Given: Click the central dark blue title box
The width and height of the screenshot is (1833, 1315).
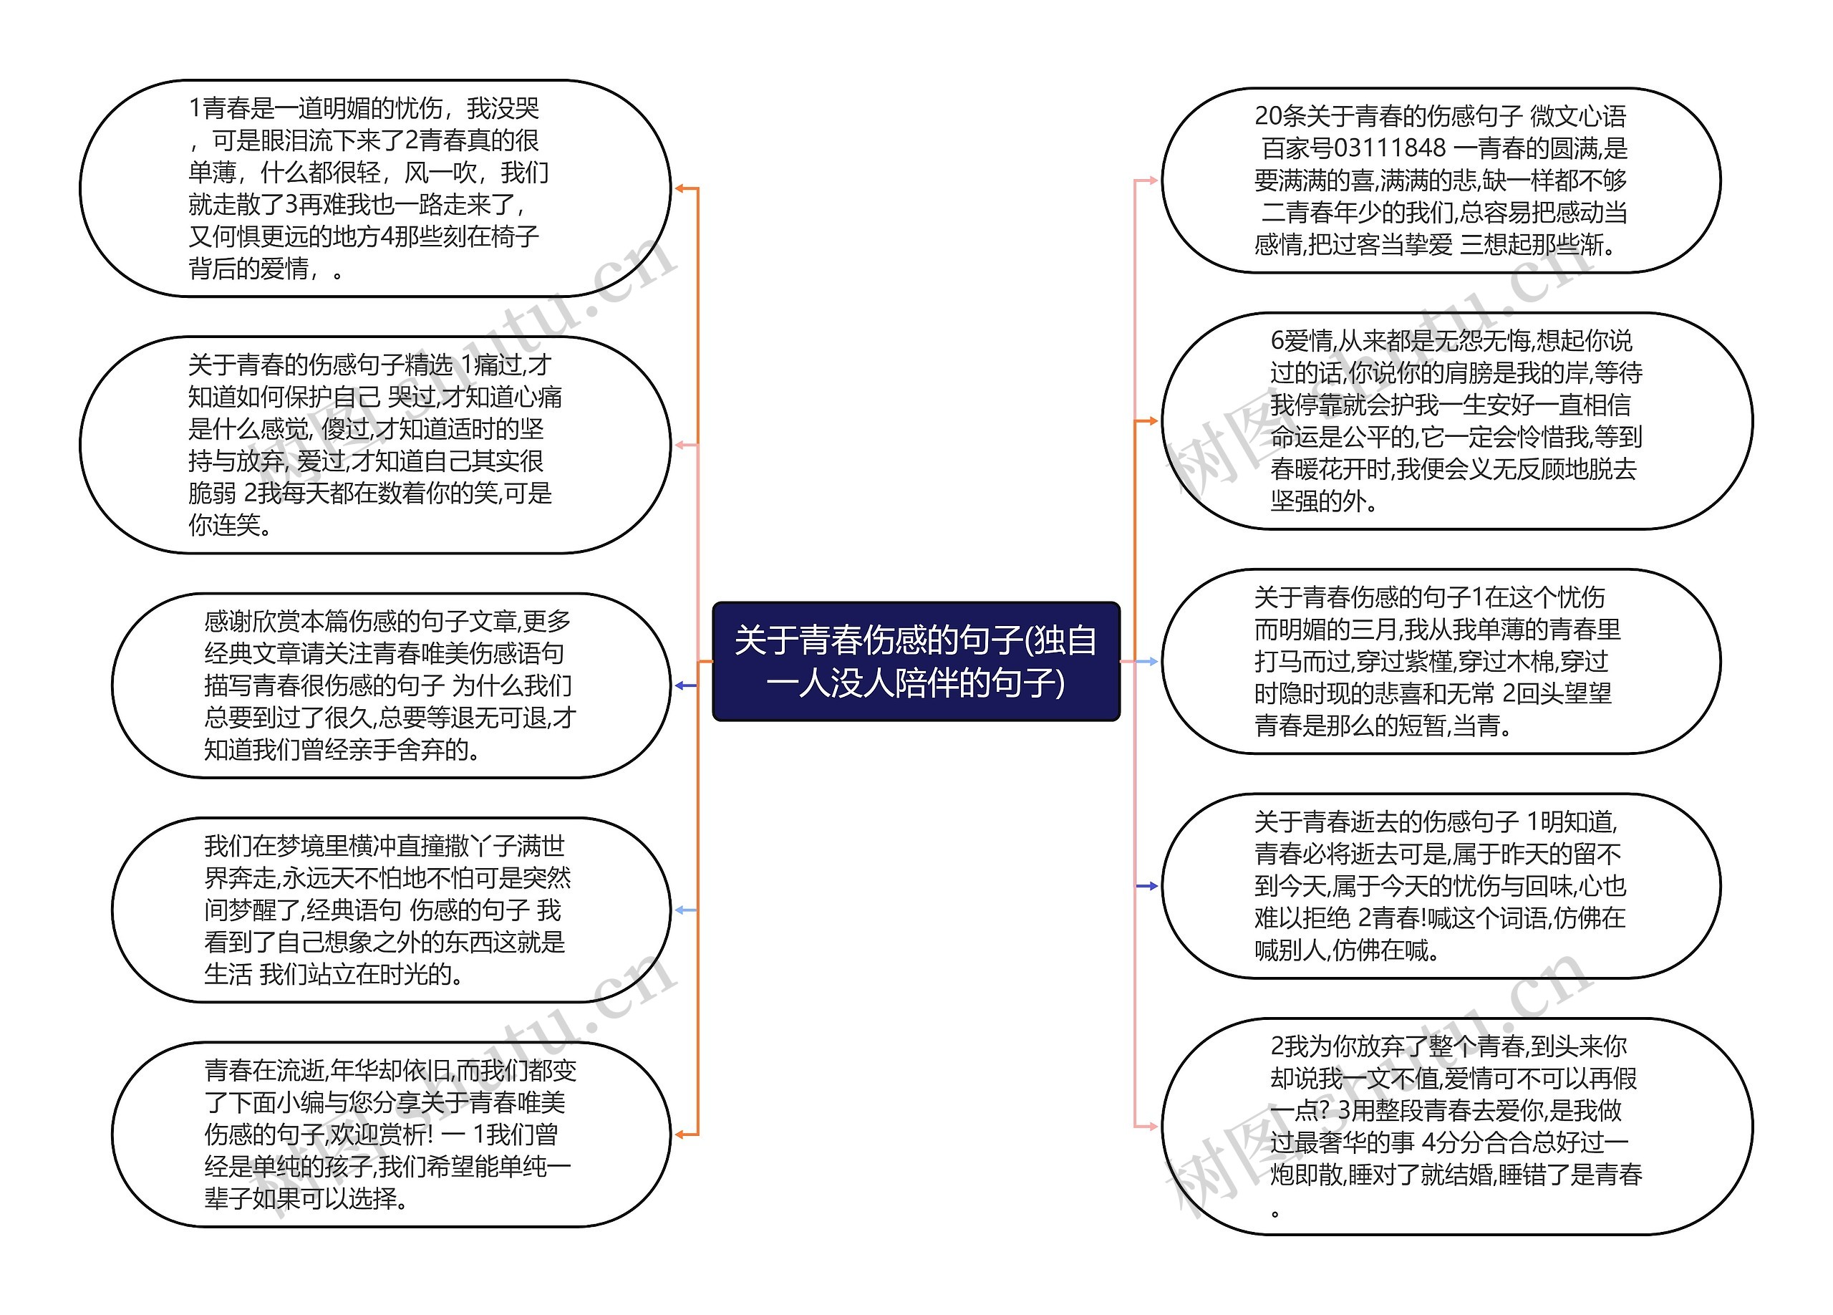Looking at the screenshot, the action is [x=916, y=661].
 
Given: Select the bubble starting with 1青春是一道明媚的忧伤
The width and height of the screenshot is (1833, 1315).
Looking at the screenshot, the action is [x=374, y=188].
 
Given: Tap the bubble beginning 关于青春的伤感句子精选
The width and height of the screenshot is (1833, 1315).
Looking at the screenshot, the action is [x=374, y=445].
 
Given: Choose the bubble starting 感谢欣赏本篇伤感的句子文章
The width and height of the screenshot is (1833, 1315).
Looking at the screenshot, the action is [x=390, y=685].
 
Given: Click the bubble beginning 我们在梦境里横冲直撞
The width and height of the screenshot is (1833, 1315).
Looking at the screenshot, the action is [x=390, y=910].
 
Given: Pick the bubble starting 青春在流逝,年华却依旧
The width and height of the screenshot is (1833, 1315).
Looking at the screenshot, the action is [x=390, y=1134].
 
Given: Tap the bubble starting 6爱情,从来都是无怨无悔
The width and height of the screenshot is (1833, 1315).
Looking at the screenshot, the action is [x=1456, y=420].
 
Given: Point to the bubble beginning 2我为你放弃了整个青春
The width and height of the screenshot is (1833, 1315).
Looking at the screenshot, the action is [x=1456, y=1126].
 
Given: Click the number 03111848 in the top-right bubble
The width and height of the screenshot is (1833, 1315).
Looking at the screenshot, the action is [x=1389, y=148].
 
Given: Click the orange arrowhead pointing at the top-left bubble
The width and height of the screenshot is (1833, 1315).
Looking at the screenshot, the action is [x=680, y=188].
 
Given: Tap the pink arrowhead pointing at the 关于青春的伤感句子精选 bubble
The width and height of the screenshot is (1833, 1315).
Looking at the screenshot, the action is [x=680, y=445].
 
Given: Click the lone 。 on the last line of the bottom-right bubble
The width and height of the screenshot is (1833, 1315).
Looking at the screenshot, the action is [x=1275, y=1213].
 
